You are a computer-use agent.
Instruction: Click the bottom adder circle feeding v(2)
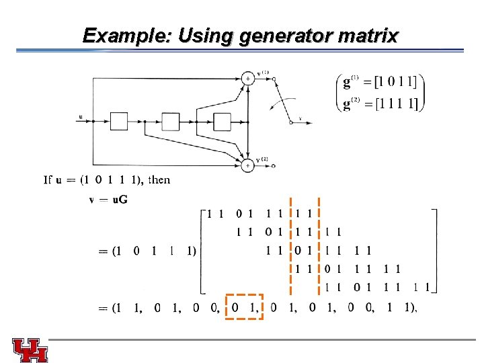coord(248,165)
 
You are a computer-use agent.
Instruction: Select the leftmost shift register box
coord(119,121)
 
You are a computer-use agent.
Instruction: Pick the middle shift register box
coord(171,121)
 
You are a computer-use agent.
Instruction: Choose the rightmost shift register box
coord(222,121)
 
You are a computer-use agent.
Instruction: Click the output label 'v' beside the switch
coord(300,120)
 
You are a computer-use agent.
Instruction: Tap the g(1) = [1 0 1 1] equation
coord(380,83)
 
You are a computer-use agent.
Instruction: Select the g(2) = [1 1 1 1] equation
coord(380,103)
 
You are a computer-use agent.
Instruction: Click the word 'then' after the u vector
coord(159,180)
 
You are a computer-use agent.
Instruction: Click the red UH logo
coord(30,350)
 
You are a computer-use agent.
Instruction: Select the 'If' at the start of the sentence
coord(48,180)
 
